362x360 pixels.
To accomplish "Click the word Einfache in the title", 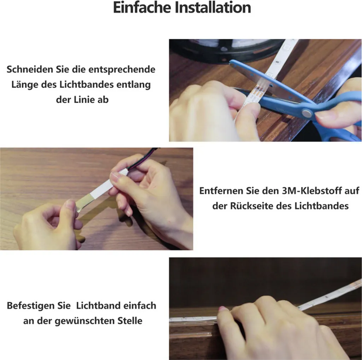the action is [x=142, y=7].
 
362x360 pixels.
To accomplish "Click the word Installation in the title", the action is [x=212, y=7].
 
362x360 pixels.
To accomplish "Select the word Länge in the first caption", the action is [x=25, y=85].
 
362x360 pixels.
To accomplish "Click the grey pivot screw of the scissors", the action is [x=306, y=114].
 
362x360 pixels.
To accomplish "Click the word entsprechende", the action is [x=122, y=69].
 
